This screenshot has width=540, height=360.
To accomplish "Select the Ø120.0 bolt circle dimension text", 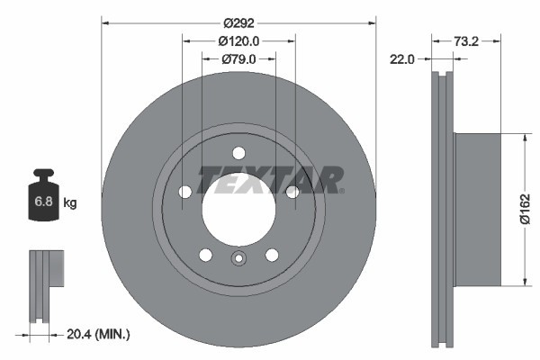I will click(x=238, y=40).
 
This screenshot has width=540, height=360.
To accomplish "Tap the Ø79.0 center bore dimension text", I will click(x=238, y=59).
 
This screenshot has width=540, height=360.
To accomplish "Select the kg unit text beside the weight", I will click(x=70, y=203).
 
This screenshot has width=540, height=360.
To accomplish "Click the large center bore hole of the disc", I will click(x=238, y=209).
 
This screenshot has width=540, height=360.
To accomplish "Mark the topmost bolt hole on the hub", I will click(x=238, y=153).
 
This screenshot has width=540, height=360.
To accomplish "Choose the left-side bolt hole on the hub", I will click(x=185, y=192).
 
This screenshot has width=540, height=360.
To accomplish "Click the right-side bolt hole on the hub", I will click(x=292, y=192).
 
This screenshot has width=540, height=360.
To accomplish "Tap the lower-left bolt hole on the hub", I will click(x=205, y=254).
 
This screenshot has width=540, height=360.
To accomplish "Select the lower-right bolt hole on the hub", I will click(x=271, y=254).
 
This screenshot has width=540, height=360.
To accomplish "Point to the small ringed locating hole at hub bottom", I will click(x=238, y=260).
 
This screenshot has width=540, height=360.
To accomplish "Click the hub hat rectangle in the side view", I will click(x=477, y=210).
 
